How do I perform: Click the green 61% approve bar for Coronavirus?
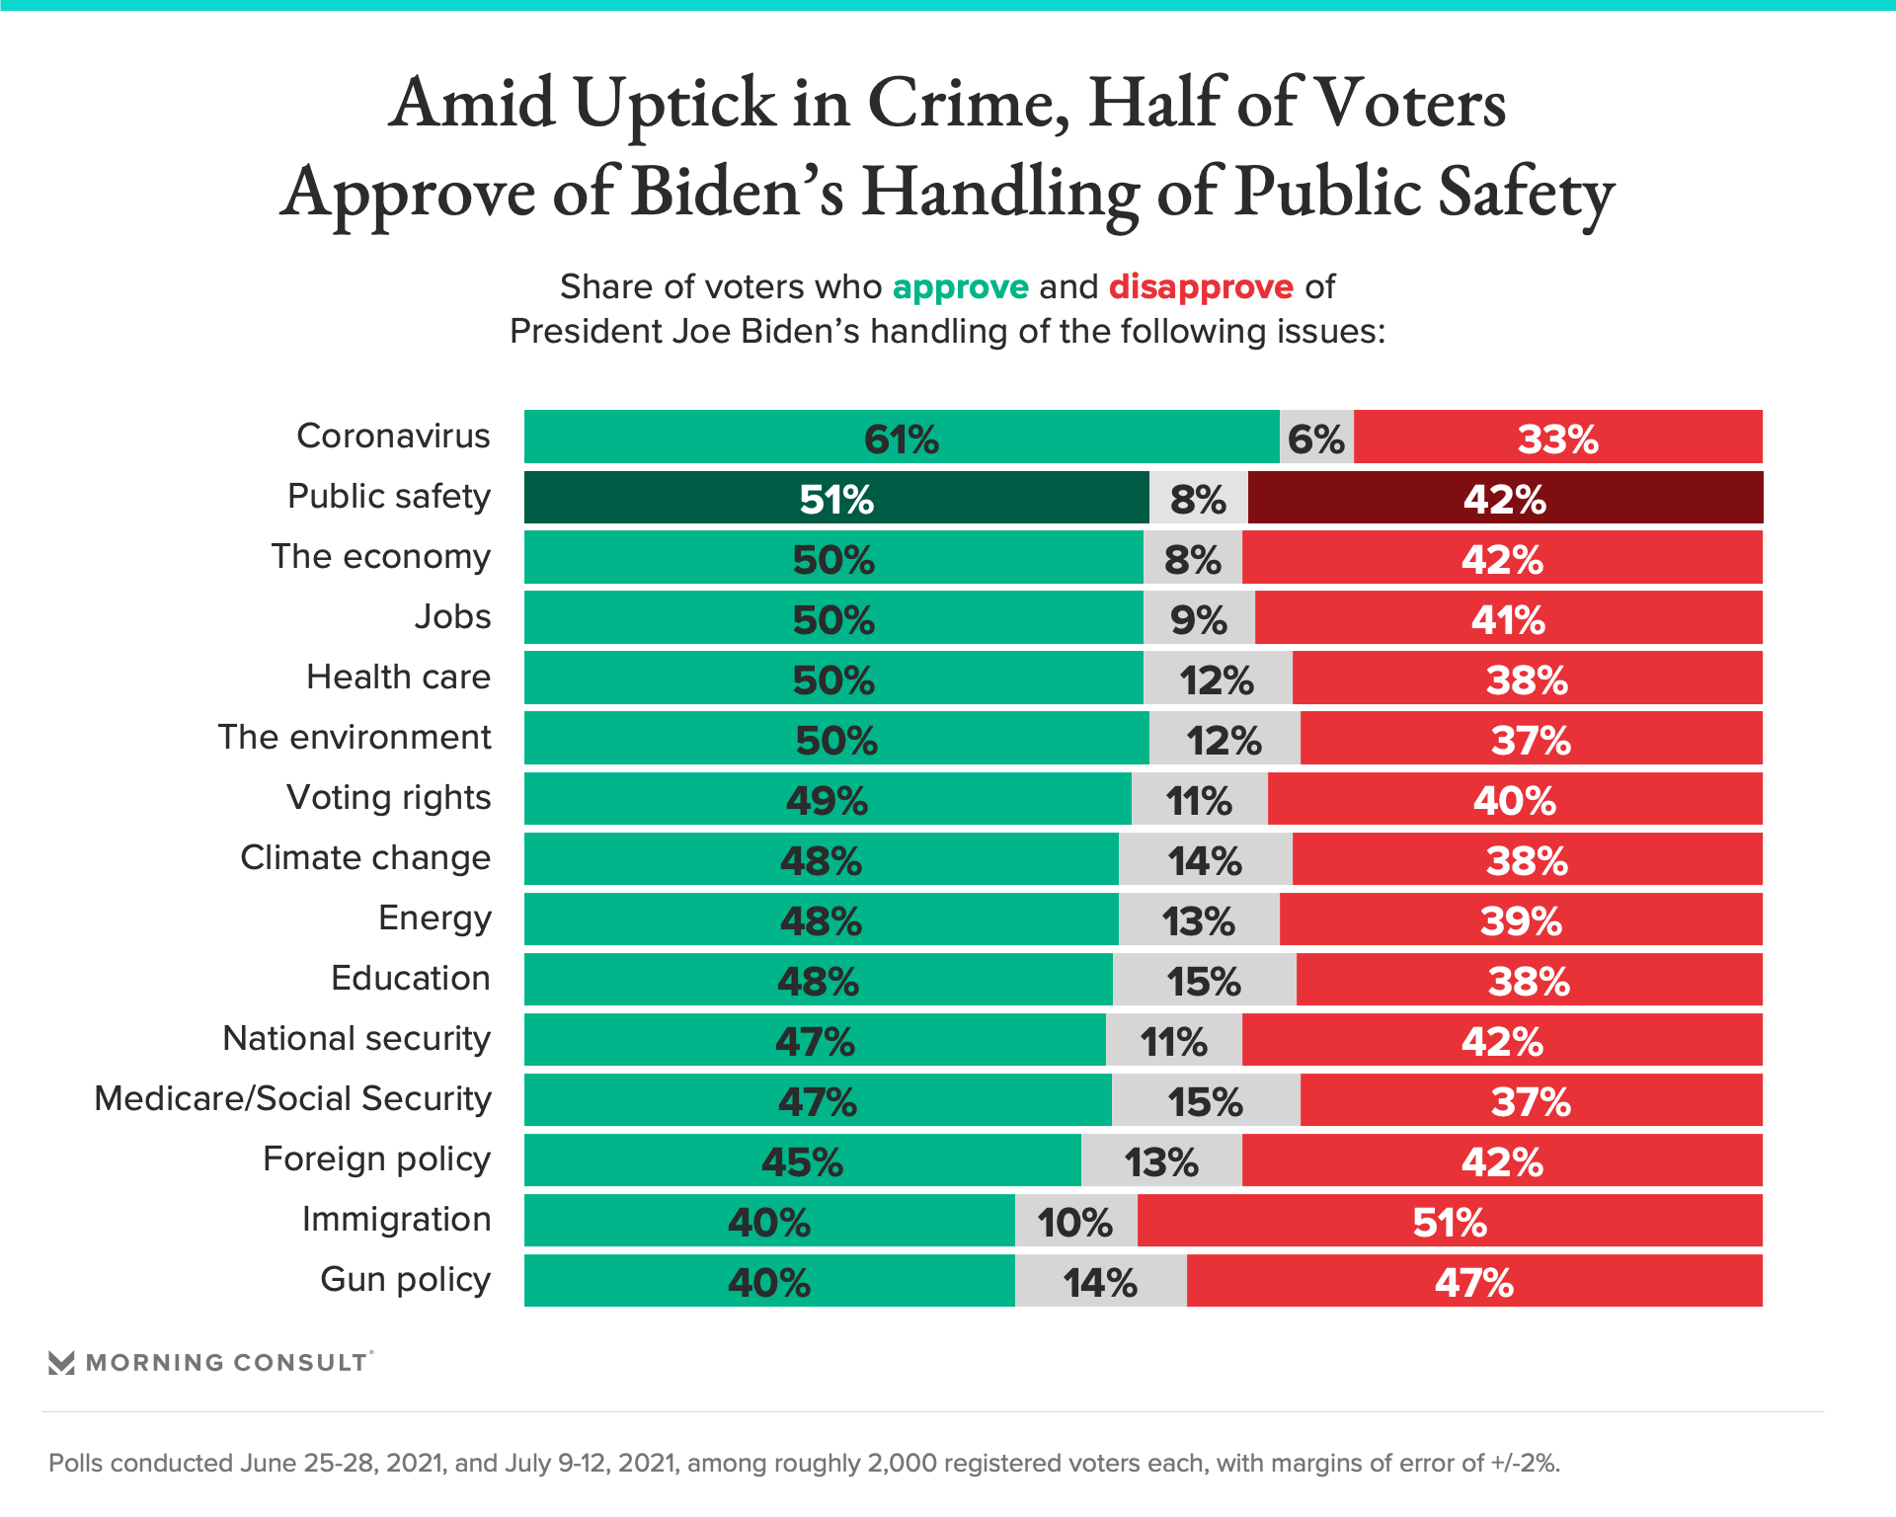[901, 438]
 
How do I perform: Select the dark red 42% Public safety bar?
[1505, 498]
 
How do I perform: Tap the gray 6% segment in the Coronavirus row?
[1316, 438]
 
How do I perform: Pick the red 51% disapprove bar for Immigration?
[1450, 1221]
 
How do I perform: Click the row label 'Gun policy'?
[405, 1279]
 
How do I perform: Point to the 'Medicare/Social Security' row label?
[292, 1098]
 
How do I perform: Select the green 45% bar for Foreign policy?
[802, 1160]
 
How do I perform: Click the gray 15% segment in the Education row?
[1204, 980]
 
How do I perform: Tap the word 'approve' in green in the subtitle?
[960, 286]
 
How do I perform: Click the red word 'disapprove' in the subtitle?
[1201, 286]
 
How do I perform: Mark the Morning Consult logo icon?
[61, 1363]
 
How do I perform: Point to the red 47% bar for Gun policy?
[1474, 1281]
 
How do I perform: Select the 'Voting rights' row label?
[388, 797]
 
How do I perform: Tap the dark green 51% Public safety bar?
[835, 498]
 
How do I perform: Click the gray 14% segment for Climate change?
[1205, 859]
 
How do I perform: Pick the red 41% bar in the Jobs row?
[1508, 618]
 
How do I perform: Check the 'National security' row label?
[356, 1038]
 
